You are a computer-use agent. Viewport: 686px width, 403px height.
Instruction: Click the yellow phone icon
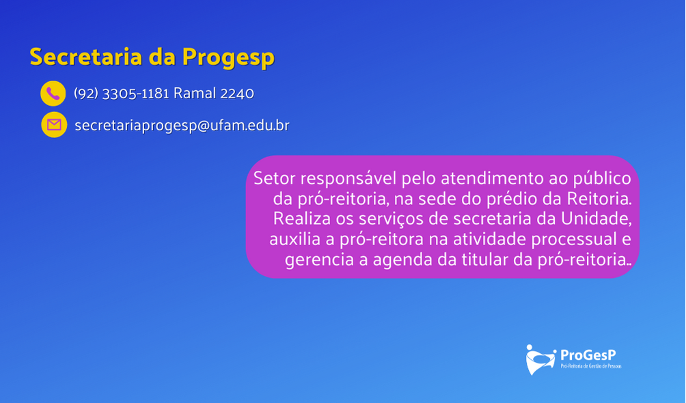(53, 93)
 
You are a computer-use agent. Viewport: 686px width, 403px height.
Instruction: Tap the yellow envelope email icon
(54, 125)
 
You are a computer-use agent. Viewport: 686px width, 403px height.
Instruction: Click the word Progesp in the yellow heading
(228, 58)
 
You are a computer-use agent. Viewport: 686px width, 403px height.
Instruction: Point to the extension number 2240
(237, 93)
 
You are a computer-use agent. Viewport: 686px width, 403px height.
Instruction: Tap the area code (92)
(86, 93)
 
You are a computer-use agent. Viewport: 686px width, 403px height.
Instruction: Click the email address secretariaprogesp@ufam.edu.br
(182, 126)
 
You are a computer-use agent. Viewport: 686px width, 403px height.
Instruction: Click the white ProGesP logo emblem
(540, 360)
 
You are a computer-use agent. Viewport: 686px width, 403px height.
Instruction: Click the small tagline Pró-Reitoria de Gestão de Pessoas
(591, 366)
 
